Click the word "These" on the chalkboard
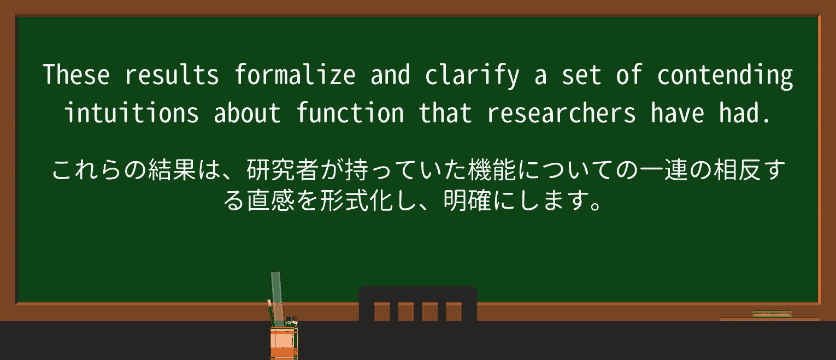click(76, 75)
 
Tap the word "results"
click(172, 75)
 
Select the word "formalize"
click(295, 75)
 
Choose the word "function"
click(350, 113)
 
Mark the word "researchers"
click(562, 113)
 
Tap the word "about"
click(248, 113)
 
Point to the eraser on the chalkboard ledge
click(772, 314)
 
